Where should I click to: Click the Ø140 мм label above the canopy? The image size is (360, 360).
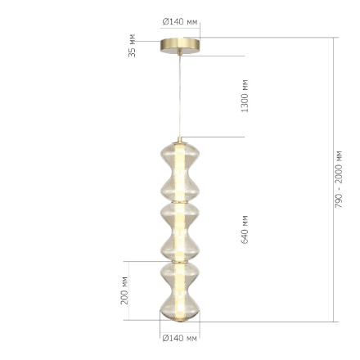181,21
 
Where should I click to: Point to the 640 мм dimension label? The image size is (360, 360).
244,229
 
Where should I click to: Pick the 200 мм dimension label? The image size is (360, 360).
124,290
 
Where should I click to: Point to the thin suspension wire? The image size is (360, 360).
179,98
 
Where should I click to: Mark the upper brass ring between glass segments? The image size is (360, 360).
179,201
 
